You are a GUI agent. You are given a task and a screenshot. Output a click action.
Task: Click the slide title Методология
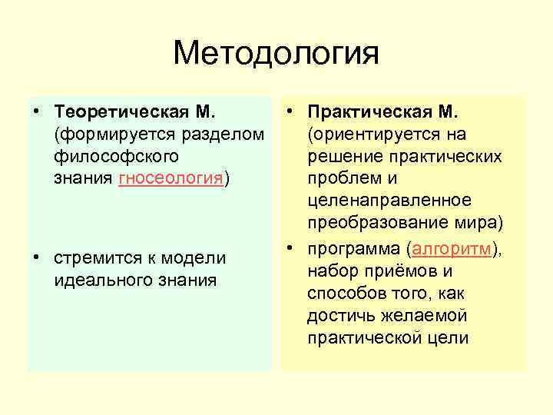tap(276, 54)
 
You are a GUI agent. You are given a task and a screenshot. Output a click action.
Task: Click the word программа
tap(355, 249)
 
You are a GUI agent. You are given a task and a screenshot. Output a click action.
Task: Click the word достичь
tap(337, 316)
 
